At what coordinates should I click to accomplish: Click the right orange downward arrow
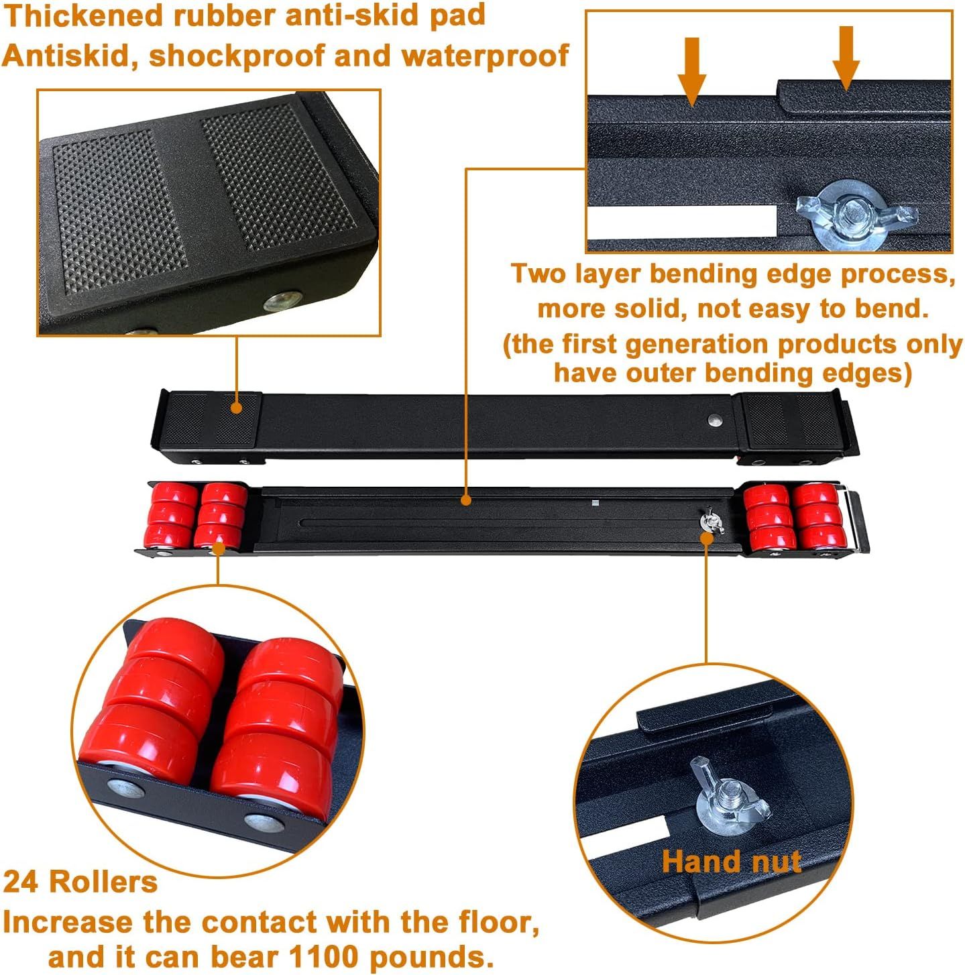point(846,58)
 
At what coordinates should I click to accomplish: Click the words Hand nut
point(731,860)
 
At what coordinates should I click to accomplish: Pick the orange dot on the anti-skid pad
point(235,408)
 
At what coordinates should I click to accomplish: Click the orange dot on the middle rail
point(466,500)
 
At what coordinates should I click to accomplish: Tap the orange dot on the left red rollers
point(219,547)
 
